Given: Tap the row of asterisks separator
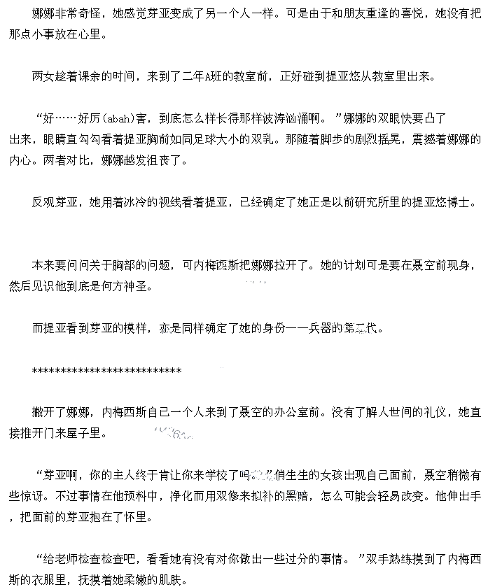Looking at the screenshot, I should click(106, 371).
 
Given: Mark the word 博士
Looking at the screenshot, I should click(459, 202).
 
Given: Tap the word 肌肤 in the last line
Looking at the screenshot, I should click(173, 580).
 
